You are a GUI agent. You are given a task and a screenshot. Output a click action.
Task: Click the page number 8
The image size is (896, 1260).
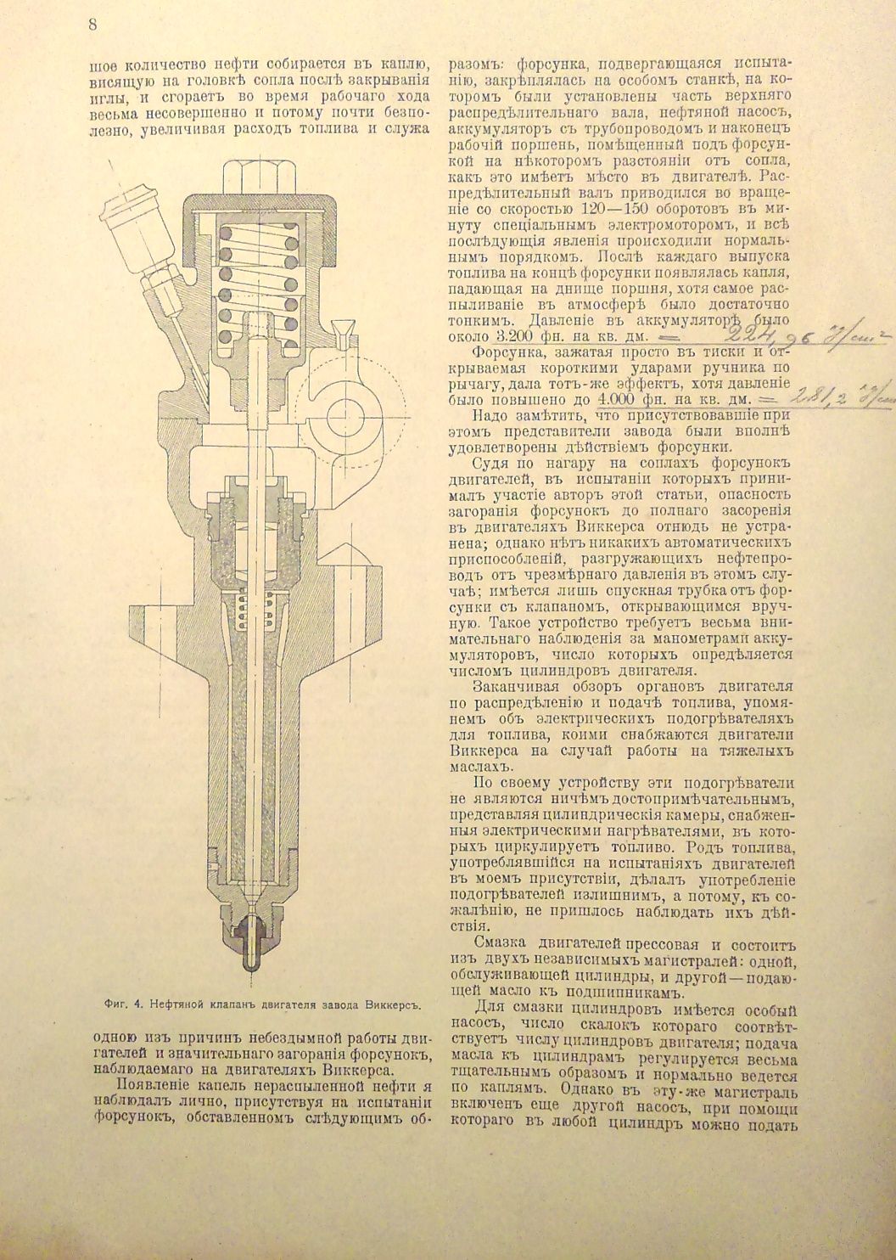tap(92, 25)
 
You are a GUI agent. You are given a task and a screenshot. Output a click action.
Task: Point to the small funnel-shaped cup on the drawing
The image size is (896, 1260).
tap(342, 329)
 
